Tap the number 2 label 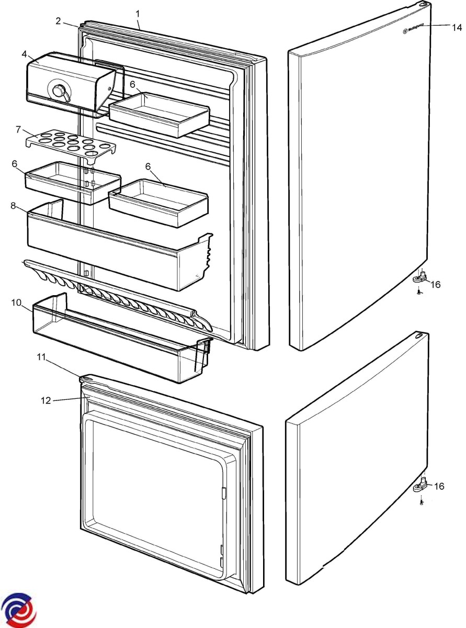pos(60,21)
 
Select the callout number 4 pos(24,53)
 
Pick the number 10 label pos(16,302)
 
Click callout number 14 pos(456,28)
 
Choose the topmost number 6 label pos(133,84)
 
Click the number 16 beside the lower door pos(439,486)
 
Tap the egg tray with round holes pos(71,144)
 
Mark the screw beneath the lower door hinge pos(421,502)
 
